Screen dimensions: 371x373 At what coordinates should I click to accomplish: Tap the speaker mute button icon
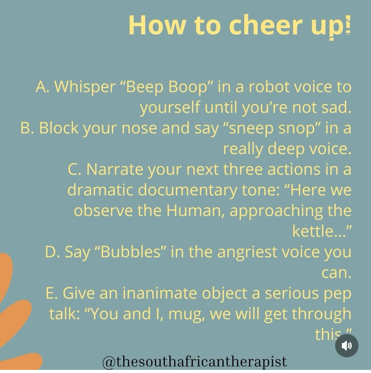(x=346, y=346)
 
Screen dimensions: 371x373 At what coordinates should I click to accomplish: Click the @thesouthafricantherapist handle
(x=194, y=362)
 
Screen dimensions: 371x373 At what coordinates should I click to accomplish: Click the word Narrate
(x=115, y=169)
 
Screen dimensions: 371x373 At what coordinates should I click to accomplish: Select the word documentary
(x=187, y=190)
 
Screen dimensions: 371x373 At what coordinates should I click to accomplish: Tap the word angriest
(x=247, y=253)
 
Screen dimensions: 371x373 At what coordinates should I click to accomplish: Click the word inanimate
(x=160, y=293)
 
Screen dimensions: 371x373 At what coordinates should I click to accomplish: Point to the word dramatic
(x=100, y=190)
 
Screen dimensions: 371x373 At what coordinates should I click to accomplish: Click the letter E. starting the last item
(x=52, y=293)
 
